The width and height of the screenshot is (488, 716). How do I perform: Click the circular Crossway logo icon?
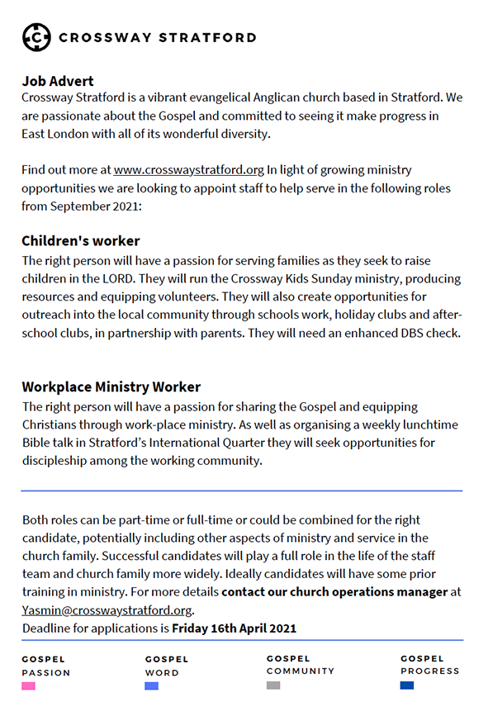[x=37, y=37]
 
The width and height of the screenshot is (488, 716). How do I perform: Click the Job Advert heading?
[x=58, y=81]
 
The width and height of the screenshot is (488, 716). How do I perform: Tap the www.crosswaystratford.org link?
[x=189, y=170]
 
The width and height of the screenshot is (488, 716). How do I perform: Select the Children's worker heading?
[x=81, y=241]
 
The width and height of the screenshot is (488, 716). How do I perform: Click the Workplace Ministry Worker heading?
[x=111, y=386]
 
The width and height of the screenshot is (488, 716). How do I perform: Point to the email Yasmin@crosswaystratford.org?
[x=107, y=611]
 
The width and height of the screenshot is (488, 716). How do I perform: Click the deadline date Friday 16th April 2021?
[x=234, y=628]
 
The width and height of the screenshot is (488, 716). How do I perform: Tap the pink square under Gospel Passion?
[x=29, y=686]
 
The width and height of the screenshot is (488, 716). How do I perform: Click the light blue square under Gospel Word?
[x=152, y=686]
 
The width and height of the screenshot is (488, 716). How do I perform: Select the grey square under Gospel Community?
[x=273, y=685]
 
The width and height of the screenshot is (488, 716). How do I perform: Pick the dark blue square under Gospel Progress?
[x=407, y=685]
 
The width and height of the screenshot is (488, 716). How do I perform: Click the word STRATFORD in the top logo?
[x=206, y=37]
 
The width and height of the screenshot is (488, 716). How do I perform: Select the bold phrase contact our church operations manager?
[x=334, y=592]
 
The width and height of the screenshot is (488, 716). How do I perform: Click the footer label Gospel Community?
[x=300, y=665]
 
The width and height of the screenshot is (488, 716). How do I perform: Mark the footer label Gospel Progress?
[x=430, y=665]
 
